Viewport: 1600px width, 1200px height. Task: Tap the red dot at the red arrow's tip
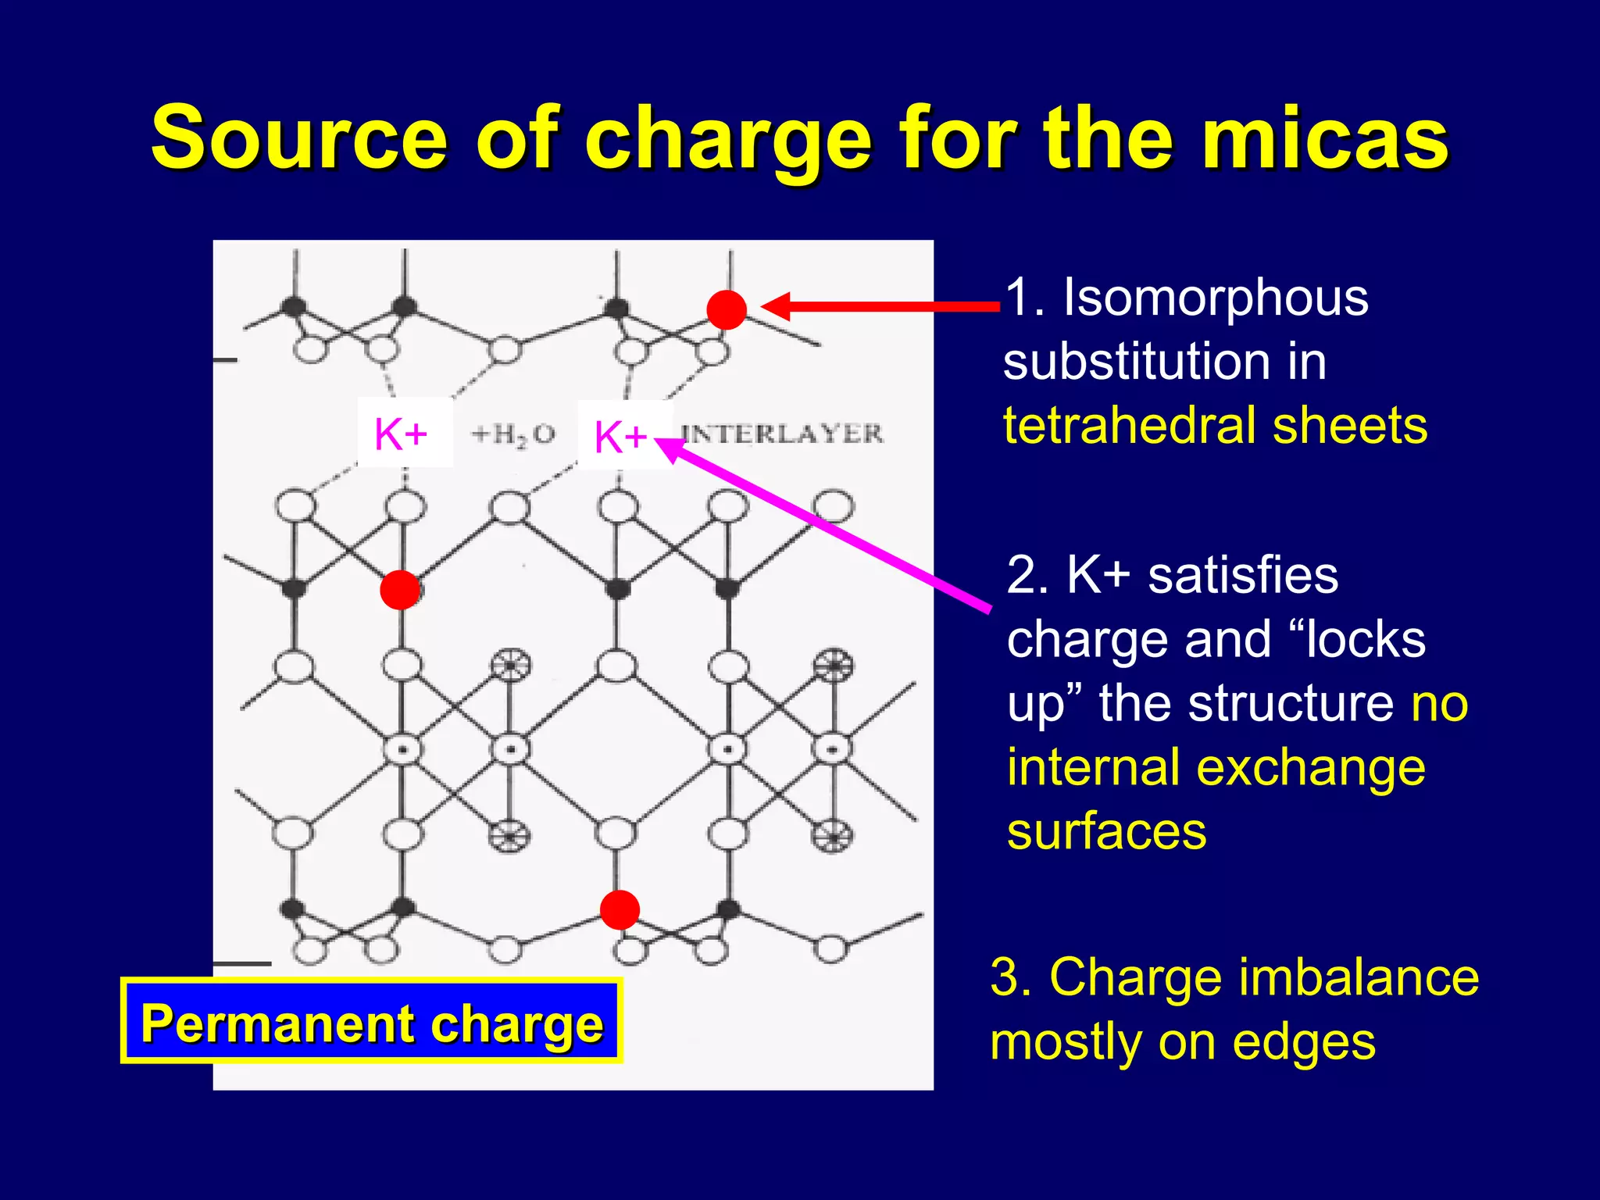pyautogui.click(x=727, y=309)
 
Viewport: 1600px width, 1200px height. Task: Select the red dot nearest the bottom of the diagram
pyautogui.click(x=620, y=909)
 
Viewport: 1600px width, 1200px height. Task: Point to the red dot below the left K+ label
pyautogui.click(x=400, y=590)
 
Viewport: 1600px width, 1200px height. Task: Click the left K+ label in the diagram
pyautogui.click(x=402, y=434)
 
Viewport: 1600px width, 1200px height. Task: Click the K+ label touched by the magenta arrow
pyautogui.click(x=621, y=436)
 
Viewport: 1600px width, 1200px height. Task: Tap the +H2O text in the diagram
pyautogui.click(x=513, y=434)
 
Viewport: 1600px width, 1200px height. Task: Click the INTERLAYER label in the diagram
pyautogui.click(x=782, y=433)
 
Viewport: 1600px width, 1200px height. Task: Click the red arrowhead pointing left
pyautogui.click(x=777, y=306)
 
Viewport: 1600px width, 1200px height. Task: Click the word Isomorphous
pyautogui.click(x=1216, y=298)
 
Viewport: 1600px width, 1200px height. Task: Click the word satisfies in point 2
pyautogui.click(x=1242, y=576)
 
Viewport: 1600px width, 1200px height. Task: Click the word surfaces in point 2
pyautogui.click(x=1106, y=831)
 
